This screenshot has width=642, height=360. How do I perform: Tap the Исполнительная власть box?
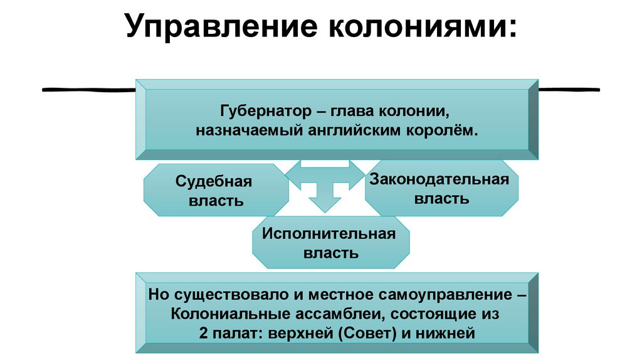click(x=330, y=243)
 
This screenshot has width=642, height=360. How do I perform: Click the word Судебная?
click(x=214, y=182)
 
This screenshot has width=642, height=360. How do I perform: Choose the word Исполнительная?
click(x=330, y=234)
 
